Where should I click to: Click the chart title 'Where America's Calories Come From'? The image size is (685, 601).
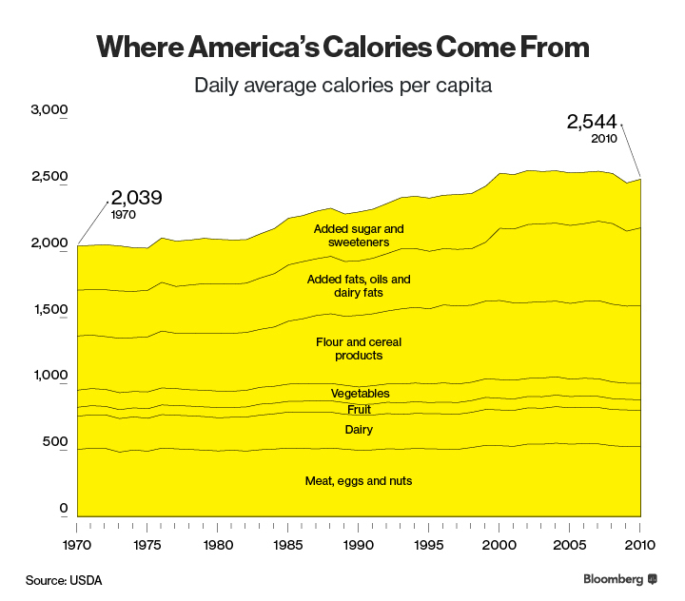click(342, 47)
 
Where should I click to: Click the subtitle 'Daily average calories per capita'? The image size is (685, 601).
click(342, 86)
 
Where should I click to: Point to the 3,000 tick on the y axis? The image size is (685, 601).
click(49, 110)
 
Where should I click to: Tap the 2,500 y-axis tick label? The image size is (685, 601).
click(49, 177)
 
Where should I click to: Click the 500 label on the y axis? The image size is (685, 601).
click(54, 442)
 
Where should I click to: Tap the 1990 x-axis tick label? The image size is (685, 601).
click(358, 545)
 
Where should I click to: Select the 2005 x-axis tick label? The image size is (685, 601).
click(568, 545)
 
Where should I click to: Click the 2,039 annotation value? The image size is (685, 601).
click(136, 198)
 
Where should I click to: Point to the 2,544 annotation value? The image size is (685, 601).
click(592, 122)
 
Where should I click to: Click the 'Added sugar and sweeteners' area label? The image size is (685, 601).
click(359, 236)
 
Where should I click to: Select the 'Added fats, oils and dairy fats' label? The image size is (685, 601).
click(359, 286)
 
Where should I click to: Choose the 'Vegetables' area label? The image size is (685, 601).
click(360, 394)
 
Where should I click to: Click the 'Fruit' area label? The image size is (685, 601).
click(359, 410)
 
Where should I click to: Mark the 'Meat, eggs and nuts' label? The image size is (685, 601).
click(359, 480)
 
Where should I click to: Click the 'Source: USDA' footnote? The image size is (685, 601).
click(63, 579)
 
